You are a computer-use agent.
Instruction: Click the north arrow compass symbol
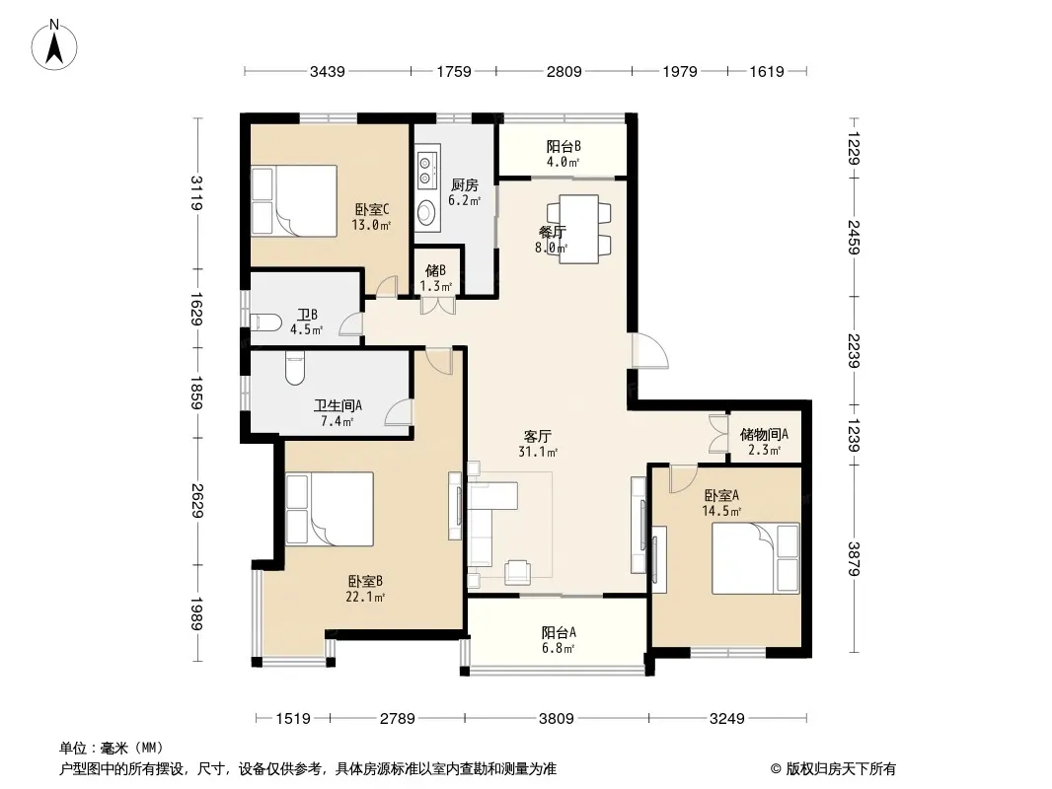tap(54, 44)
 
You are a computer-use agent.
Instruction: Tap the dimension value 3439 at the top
tap(328, 71)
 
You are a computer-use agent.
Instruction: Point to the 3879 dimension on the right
tap(854, 558)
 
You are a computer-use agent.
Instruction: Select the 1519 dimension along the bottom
tap(293, 719)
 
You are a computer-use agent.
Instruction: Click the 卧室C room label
tap(372, 210)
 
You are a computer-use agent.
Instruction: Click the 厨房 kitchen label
tap(464, 185)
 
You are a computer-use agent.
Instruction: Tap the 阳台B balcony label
tap(564, 146)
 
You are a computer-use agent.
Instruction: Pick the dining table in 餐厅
tap(579, 229)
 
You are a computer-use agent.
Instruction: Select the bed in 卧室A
tap(756, 558)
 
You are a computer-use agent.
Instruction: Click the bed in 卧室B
tap(330, 509)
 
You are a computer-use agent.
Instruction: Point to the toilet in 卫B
tap(266, 323)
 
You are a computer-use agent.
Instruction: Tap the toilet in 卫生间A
tap(294, 369)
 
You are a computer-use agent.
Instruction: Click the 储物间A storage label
tap(764, 434)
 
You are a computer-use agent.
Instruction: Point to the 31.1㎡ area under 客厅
tap(538, 452)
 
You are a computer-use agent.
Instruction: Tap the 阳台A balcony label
tap(559, 632)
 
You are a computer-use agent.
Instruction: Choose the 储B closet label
tap(435, 270)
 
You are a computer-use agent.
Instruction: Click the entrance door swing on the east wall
tap(650, 350)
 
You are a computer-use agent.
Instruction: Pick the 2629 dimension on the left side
tap(197, 501)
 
